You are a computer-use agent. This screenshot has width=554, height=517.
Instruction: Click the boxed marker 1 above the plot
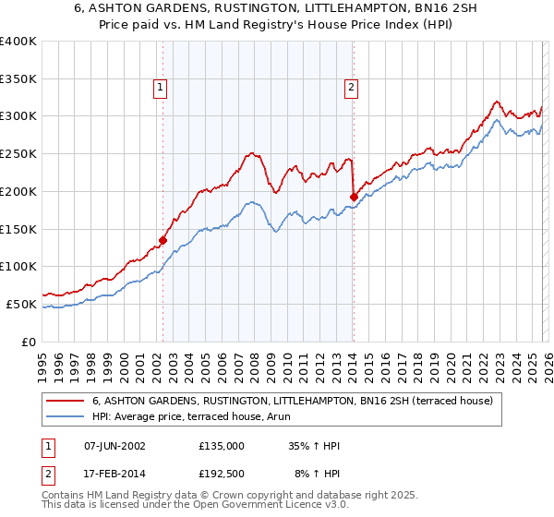click(161, 88)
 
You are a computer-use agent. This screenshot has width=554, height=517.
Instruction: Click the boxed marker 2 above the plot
click(352, 88)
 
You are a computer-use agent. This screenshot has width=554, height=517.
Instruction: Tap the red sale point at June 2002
click(163, 240)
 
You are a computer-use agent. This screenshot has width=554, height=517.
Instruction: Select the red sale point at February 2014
click(354, 196)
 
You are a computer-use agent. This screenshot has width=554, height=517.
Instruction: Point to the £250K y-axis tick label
click(18, 154)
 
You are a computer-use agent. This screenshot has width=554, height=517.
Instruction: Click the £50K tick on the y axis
click(21, 304)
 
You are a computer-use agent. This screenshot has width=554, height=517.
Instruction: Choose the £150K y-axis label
click(18, 229)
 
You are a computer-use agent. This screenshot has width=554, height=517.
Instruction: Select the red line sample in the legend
click(65, 401)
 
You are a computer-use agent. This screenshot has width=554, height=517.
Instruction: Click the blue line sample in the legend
click(65, 416)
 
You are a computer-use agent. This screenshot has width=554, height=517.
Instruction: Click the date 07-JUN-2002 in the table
click(114, 446)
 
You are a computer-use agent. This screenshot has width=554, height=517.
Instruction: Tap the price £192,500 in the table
click(221, 474)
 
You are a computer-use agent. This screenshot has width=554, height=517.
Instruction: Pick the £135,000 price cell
click(221, 446)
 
